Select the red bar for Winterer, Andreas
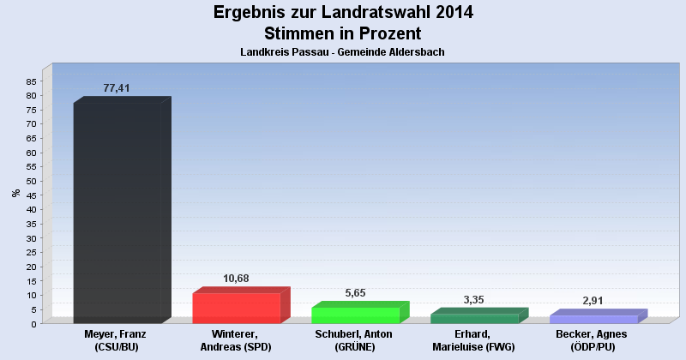[x=237, y=308]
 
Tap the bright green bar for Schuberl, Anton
[x=355, y=315]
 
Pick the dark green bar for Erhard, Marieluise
[x=474, y=318]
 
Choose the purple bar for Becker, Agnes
[x=593, y=319]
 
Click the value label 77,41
[x=116, y=88]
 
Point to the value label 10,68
[x=236, y=279]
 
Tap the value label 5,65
[x=355, y=293]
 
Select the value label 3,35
[x=474, y=300]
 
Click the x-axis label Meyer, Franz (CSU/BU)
[x=117, y=340]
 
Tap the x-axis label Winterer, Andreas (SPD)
[x=237, y=340]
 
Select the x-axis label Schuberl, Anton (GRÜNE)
[x=355, y=340]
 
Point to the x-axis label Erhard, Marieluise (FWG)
[x=474, y=340]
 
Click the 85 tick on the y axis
[x=31, y=81]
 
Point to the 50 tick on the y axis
[x=31, y=181]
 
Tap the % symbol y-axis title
[x=15, y=193]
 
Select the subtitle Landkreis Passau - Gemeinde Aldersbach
[x=343, y=52]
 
